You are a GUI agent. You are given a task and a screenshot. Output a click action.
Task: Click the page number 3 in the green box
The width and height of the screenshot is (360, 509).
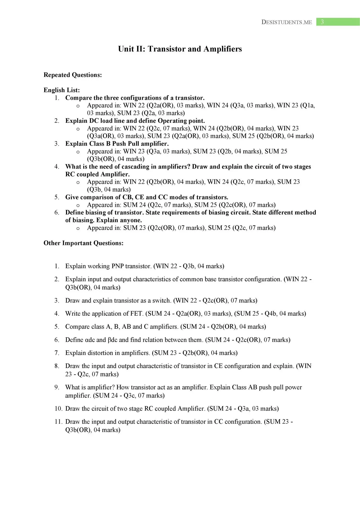click(322, 22)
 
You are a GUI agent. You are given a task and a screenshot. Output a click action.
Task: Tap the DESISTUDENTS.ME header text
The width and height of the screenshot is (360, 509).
click(287, 22)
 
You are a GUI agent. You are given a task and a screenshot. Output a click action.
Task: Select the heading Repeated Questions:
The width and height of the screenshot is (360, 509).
click(73, 75)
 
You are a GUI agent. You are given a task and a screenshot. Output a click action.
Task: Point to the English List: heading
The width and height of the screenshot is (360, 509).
click(62, 90)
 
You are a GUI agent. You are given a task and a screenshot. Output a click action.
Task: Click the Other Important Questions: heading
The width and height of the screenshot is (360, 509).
click(84, 243)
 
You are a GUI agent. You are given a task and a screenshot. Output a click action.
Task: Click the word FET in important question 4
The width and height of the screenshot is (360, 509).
click(136, 314)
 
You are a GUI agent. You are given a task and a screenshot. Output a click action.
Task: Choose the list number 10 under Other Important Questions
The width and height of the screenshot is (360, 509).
click(58, 409)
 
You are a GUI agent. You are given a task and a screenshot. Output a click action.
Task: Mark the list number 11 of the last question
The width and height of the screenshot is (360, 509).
click(58, 422)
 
